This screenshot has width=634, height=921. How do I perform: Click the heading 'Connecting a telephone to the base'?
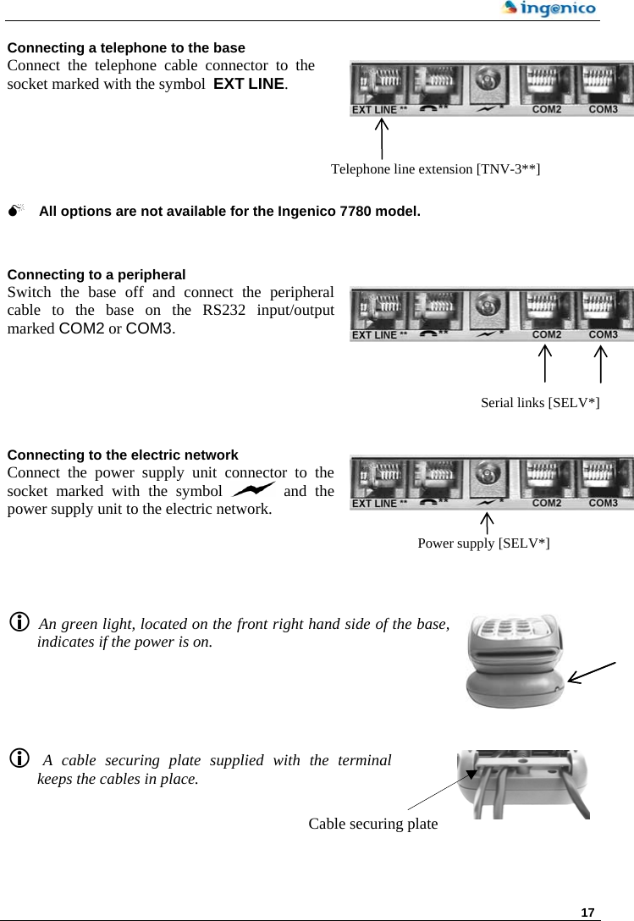coord(126,47)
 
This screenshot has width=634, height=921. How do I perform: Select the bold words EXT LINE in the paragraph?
coord(249,85)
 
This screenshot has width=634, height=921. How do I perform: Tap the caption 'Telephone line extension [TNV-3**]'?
coord(436,168)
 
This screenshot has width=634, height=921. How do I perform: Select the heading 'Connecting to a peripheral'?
coord(96,274)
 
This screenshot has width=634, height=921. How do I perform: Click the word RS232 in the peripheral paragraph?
coord(226,310)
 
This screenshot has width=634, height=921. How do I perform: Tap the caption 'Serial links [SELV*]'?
coord(540,402)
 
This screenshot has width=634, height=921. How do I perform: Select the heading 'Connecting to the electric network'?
coord(123,455)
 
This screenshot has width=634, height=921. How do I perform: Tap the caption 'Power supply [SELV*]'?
coord(483,543)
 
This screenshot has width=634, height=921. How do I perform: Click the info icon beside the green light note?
coord(18,623)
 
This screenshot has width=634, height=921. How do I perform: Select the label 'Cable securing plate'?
coord(373,824)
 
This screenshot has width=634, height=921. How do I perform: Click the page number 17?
coord(587,912)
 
